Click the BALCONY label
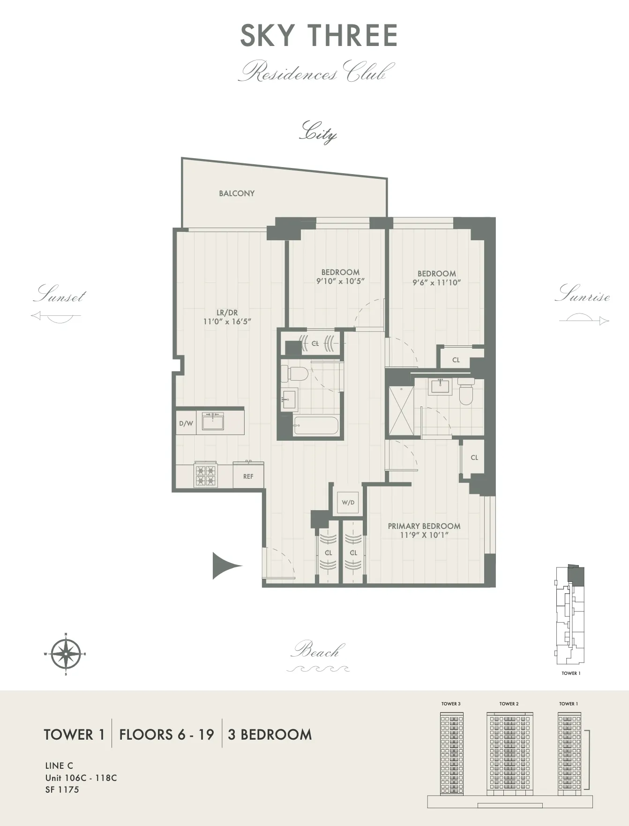(x=237, y=193)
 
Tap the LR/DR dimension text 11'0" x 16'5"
(x=227, y=322)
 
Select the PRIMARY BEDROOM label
(x=424, y=526)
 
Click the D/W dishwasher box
(x=186, y=423)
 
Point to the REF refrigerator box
(x=248, y=476)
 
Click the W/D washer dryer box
(x=348, y=503)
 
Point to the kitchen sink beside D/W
(x=213, y=421)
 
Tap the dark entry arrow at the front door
(x=225, y=566)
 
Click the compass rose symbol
(x=66, y=654)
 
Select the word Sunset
(x=60, y=295)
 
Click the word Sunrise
(x=583, y=294)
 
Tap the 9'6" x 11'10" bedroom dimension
(x=436, y=283)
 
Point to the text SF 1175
(x=62, y=790)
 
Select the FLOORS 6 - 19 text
(x=166, y=734)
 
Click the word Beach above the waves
(x=318, y=651)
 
